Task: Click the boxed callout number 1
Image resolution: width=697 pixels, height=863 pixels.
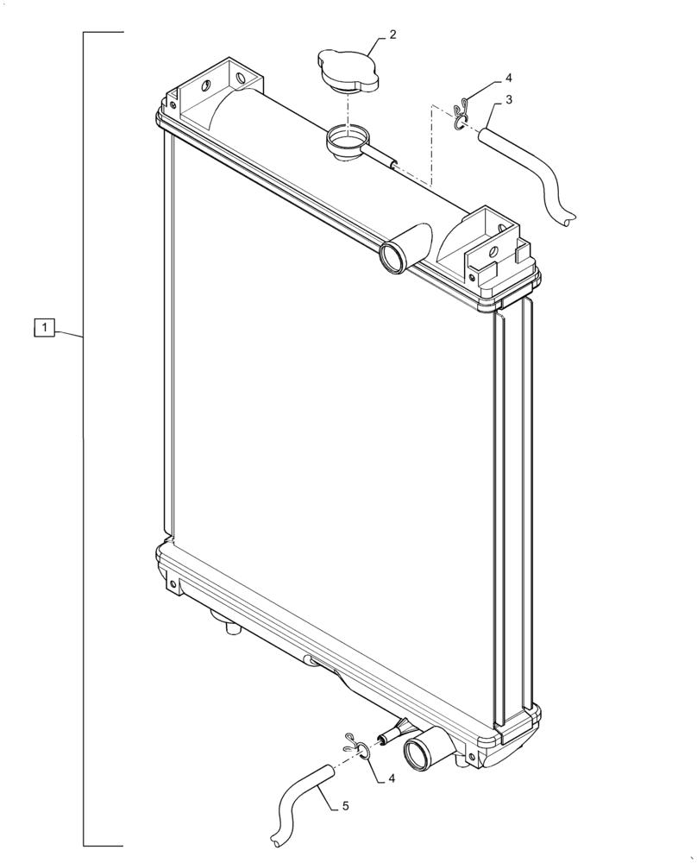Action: click(45, 328)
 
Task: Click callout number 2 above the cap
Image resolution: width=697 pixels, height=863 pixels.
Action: click(392, 35)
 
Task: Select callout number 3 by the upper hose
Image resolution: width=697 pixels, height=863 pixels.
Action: click(509, 100)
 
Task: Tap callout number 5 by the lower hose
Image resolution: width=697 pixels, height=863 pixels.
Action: click(345, 806)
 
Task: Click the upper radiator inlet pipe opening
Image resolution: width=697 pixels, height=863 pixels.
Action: click(394, 257)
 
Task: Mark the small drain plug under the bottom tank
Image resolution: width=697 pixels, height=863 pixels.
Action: click(229, 627)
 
